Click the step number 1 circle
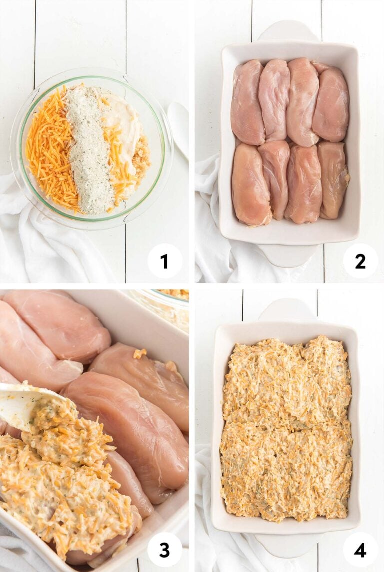[x=165, y=261]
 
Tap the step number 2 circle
[x=360, y=261]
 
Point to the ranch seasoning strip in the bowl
[x=90, y=150]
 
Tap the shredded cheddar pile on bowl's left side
[x=50, y=150]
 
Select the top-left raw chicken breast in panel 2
[x=247, y=102]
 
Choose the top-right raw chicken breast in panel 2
[x=331, y=105]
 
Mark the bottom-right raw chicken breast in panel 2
[x=333, y=180]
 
